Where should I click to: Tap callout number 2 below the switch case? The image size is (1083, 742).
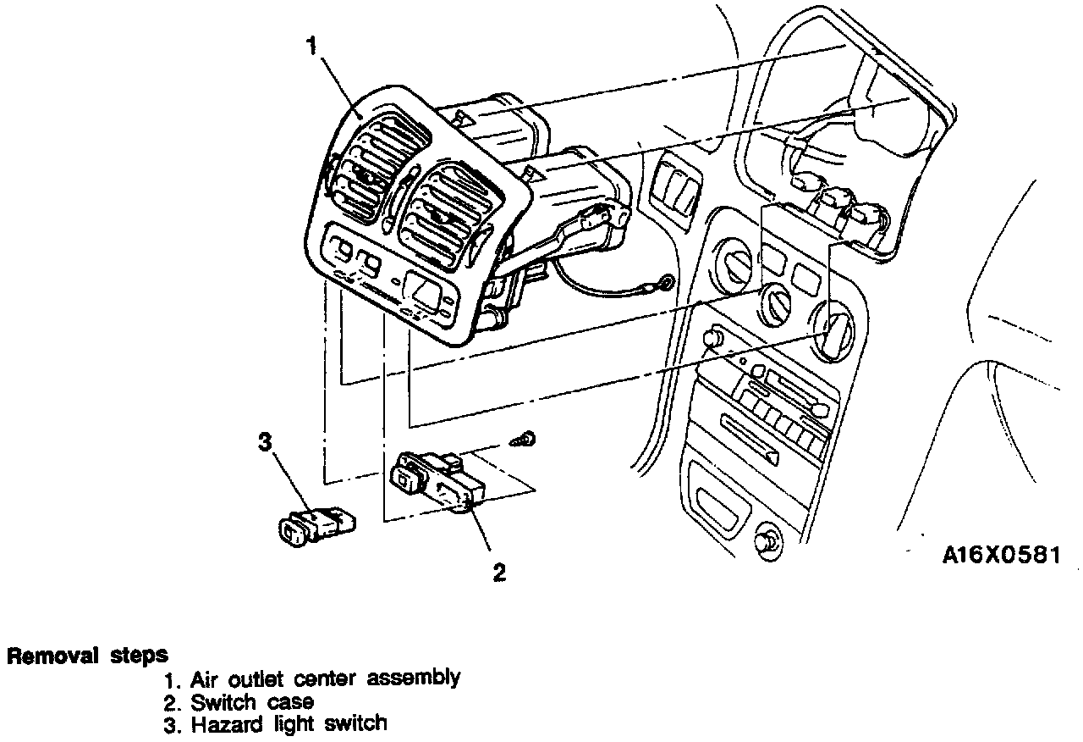500,573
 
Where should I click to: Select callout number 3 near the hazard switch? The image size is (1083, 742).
266,441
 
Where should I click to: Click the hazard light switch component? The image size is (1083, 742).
316,525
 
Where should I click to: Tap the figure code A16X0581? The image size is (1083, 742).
1001,555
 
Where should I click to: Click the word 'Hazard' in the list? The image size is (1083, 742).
223,724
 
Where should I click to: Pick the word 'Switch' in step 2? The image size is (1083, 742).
223,701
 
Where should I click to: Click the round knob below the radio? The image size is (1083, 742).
767,542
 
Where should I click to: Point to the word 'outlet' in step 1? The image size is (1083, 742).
256,678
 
